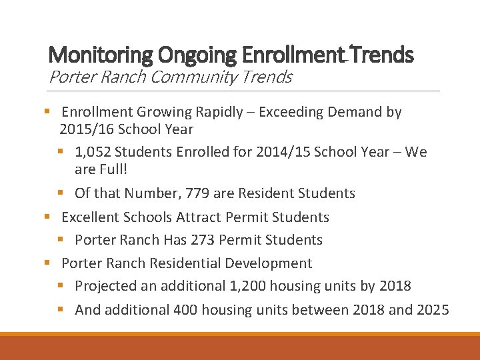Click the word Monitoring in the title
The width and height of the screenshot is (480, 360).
coord(90,55)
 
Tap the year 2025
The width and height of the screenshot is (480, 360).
coord(433,309)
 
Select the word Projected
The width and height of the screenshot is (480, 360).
coord(105,286)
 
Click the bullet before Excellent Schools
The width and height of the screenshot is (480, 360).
coord(47,217)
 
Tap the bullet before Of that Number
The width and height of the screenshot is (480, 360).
coord(60,193)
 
